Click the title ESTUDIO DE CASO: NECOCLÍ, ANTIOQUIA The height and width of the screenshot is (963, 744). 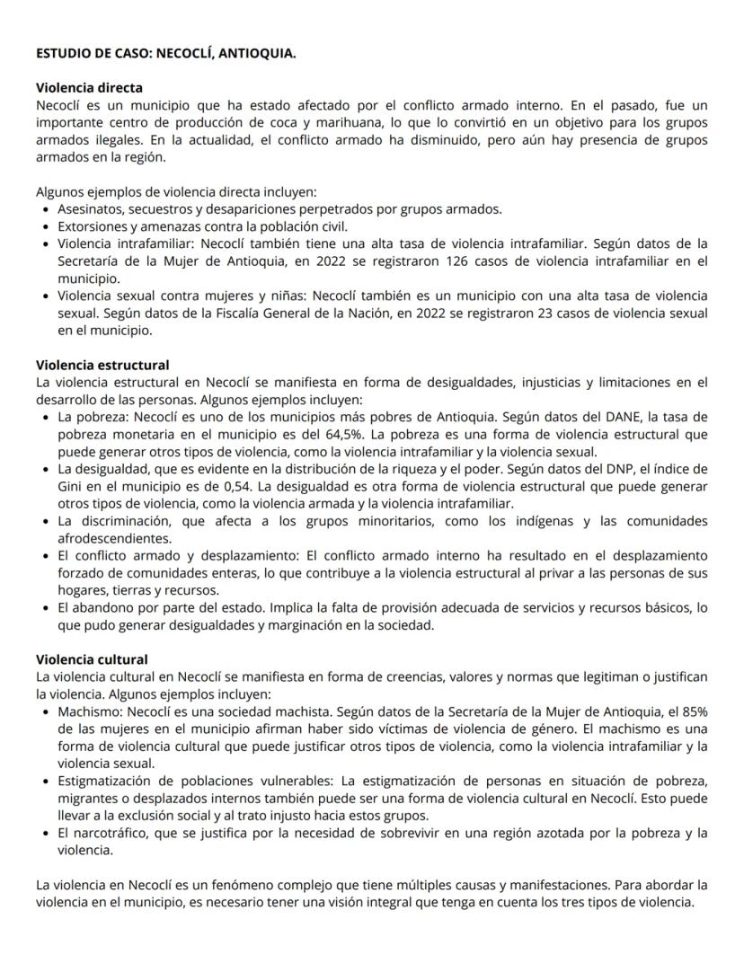tap(165, 54)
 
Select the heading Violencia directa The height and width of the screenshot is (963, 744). tap(89, 88)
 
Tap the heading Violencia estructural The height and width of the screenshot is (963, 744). tap(102, 366)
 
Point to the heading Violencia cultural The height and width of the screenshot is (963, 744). tap(92, 660)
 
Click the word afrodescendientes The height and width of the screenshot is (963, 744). tap(114, 538)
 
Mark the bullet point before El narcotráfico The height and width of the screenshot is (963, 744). tap(47, 833)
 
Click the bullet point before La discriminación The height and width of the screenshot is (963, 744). tap(47, 521)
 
